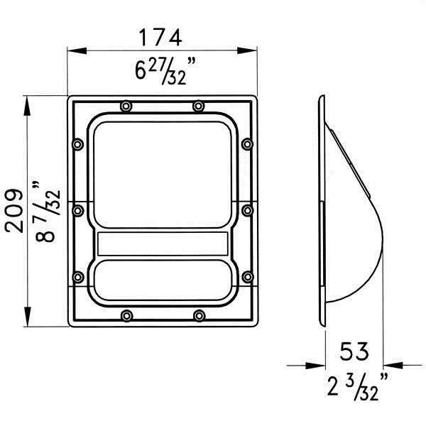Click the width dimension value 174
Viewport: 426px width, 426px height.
tap(160, 35)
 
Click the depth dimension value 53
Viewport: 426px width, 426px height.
tap(354, 350)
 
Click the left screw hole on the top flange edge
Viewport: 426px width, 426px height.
tap(126, 106)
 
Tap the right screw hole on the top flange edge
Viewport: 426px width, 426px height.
tap(198, 106)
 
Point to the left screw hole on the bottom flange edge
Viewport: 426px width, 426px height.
tap(126, 315)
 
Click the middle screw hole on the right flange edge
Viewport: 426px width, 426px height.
tap(247, 209)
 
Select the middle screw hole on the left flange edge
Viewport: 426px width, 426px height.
tap(77, 209)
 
